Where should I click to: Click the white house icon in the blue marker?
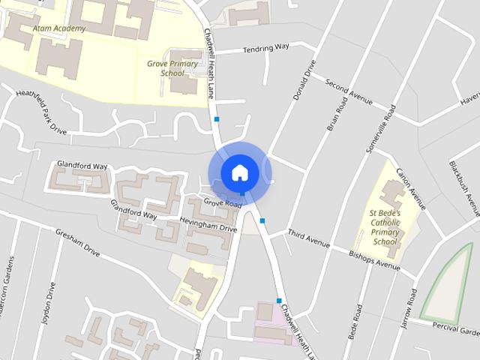[x=239, y=172]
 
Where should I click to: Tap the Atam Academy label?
[x=59, y=28]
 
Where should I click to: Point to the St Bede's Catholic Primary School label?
[x=385, y=228]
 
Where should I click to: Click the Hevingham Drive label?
[x=208, y=223]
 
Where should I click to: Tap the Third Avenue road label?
[x=309, y=240]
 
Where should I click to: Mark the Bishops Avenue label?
[x=375, y=259]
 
